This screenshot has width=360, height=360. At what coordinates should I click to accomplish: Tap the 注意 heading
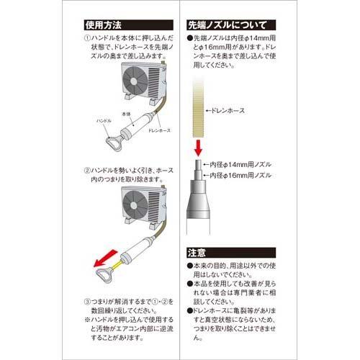(197, 253)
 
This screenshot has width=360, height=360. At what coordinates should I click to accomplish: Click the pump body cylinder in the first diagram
(135, 130)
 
